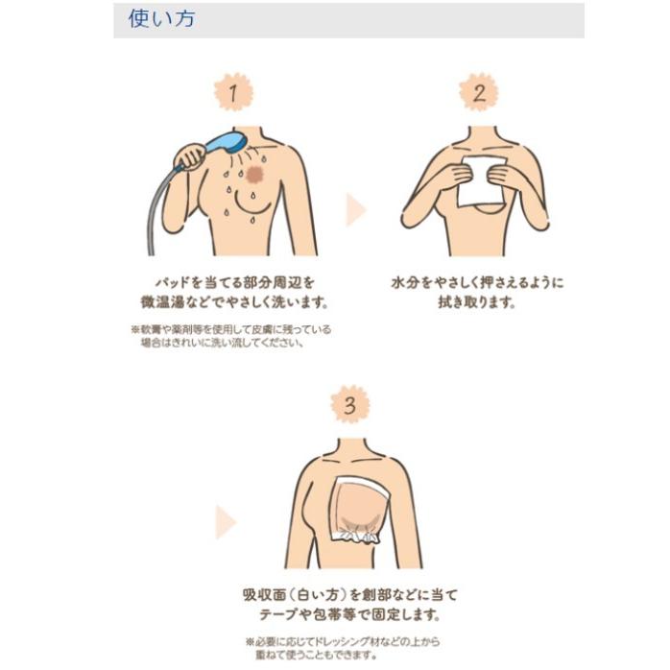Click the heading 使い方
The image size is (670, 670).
point(161,18)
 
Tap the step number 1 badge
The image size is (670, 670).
point(233,92)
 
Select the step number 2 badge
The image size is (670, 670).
point(479,92)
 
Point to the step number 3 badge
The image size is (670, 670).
point(350,404)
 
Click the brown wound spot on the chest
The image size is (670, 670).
point(255,174)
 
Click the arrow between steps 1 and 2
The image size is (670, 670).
point(356,209)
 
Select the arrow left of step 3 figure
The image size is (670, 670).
point(226,522)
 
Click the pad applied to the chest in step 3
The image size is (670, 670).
point(360,511)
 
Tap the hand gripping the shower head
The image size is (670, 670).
point(191,156)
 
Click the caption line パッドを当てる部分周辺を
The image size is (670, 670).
point(234,282)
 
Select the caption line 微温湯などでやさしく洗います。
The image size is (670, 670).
point(234,302)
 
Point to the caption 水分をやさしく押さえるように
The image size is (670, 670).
point(477,282)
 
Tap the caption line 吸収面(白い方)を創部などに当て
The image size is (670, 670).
point(350,594)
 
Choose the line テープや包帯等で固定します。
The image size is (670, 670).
point(350,614)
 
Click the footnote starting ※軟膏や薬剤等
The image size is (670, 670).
point(230,336)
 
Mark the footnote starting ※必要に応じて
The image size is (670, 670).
point(343,648)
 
